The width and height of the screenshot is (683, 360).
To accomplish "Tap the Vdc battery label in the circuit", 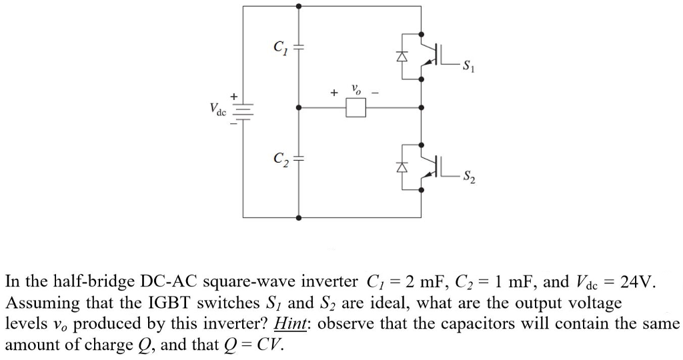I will tap(217, 108).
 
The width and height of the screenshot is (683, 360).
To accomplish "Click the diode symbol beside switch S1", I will tap(402, 57).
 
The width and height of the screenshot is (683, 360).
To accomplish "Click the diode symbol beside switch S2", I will tap(402, 169).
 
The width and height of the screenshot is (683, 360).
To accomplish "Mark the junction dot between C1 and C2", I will tap(298, 107).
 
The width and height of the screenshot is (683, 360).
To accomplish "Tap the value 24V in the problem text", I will tap(637, 281).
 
